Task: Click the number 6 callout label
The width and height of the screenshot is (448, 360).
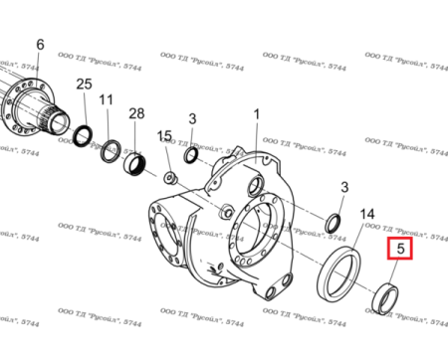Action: (40, 45)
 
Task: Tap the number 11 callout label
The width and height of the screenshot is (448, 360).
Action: (107, 99)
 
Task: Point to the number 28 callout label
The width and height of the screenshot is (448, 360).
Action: (136, 116)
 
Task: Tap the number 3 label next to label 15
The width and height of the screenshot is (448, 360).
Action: (192, 119)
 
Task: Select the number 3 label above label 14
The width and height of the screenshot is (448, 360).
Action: (344, 187)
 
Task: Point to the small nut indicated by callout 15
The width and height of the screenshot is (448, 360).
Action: (171, 178)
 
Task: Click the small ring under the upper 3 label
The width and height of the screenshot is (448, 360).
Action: (191, 155)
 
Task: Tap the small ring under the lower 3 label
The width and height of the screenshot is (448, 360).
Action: (336, 221)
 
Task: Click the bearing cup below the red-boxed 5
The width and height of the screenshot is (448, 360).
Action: (384, 297)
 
